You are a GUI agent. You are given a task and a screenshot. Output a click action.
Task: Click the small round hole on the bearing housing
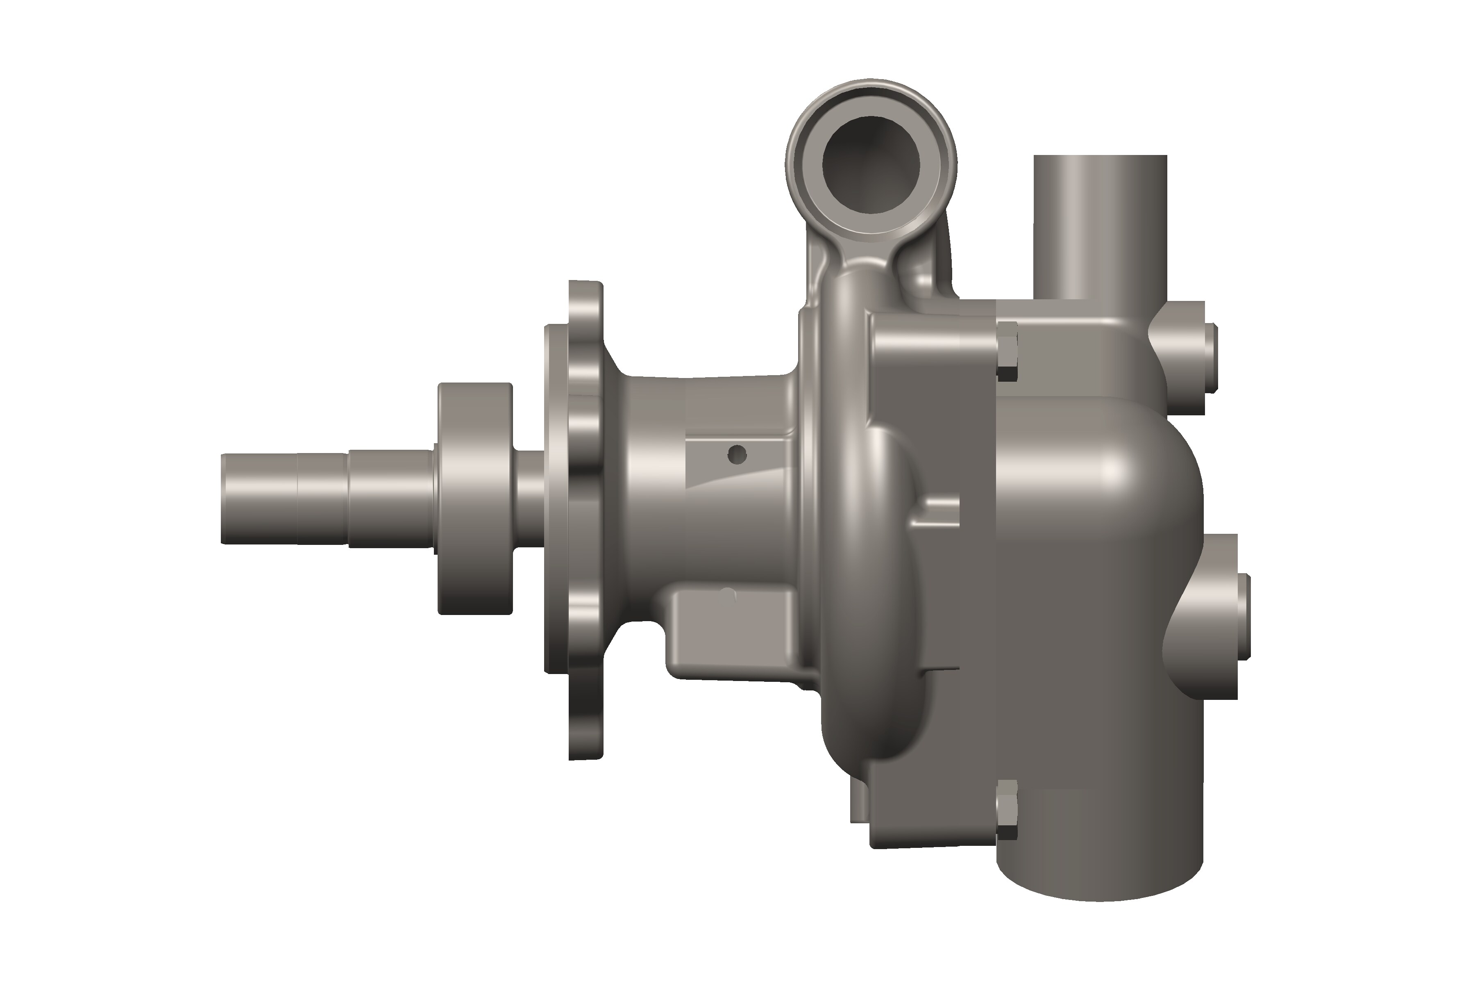pyautogui.click(x=737, y=454)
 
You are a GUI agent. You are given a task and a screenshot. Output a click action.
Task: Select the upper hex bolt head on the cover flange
pyautogui.click(x=1007, y=351)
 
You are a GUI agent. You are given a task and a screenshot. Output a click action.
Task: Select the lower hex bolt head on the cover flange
pyautogui.click(x=1007, y=809)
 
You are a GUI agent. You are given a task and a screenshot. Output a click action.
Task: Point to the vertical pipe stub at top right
pyautogui.click(x=1100, y=226)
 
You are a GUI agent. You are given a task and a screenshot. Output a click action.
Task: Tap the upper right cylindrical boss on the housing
pyautogui.click(x=1185, y=356)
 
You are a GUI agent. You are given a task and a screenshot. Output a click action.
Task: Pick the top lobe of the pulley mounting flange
pyautogui.click(x=585, y=314)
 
